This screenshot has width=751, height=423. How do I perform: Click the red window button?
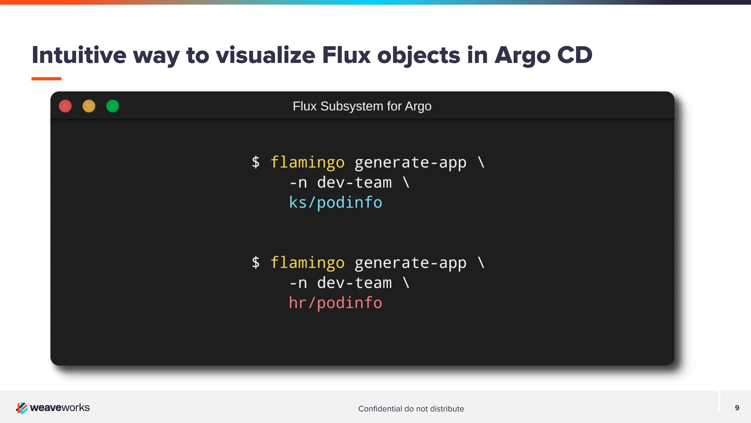65,106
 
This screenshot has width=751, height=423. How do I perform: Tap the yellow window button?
89,106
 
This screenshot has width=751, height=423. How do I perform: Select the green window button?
113,106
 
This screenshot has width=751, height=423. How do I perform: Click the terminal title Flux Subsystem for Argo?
362,106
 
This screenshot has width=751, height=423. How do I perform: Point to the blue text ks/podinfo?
335,203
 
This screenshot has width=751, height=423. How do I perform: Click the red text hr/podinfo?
335,303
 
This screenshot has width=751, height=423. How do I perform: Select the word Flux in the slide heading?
346,55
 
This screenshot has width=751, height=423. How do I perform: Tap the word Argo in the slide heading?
522,56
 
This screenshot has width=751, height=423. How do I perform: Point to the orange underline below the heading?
46,79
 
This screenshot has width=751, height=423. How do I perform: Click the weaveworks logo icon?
22,408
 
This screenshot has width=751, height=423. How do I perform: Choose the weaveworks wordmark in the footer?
60,408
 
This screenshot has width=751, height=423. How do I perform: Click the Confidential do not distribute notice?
411,409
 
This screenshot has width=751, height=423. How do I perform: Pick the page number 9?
737,408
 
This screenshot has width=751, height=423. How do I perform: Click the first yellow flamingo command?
307,163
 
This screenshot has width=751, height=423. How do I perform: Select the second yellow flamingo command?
307,263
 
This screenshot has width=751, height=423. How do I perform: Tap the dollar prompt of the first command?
256,162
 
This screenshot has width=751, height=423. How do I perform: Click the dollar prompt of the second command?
256,262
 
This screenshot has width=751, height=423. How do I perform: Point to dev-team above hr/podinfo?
354,283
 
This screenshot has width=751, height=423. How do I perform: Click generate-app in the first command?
410,163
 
